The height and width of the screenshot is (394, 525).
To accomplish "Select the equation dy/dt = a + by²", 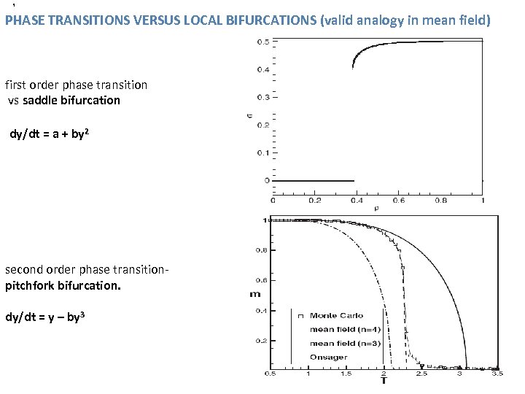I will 50,134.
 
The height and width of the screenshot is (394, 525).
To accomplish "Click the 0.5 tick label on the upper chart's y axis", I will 261,42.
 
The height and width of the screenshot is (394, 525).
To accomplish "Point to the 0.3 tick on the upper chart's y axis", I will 261,97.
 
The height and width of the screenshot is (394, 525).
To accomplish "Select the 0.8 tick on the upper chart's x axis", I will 440,201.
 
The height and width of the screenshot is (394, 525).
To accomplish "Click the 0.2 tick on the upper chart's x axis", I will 314,201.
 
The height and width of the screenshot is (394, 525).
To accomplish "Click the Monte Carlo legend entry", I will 336,316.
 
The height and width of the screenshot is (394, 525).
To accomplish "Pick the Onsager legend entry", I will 328,358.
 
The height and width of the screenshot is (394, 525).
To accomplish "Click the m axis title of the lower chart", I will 254,294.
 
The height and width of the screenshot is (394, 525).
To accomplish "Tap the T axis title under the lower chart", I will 384,381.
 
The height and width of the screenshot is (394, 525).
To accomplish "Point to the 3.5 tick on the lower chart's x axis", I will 497,374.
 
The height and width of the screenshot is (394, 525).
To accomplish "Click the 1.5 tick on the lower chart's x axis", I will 346,374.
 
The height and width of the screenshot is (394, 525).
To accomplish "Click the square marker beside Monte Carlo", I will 300,316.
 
